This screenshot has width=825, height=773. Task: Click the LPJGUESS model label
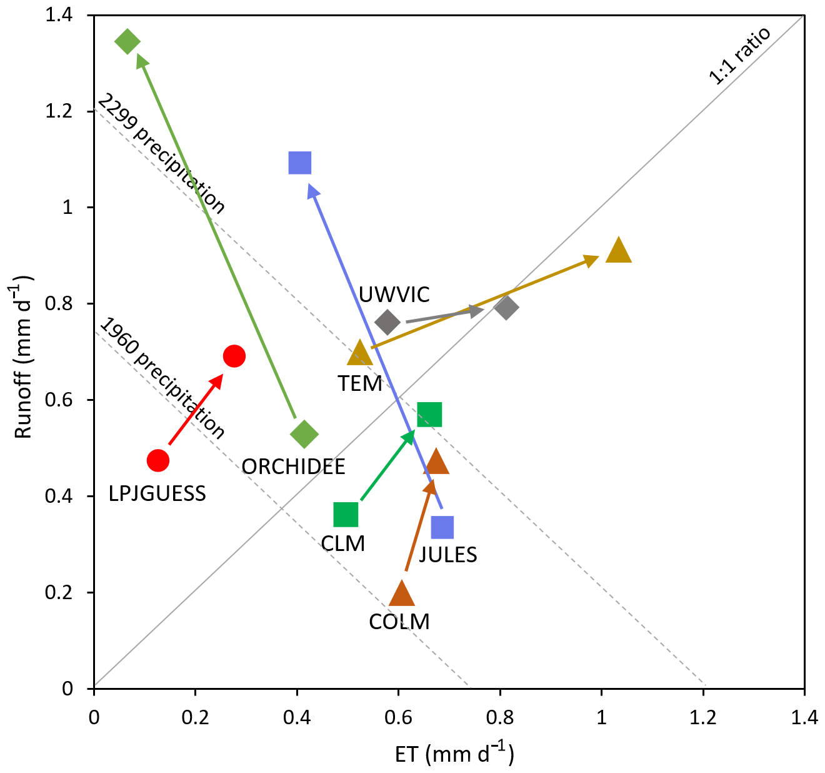[x=157, y=493]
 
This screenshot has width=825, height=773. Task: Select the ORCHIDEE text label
[x=293, y=467]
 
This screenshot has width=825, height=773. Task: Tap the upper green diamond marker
[x=127, y=42]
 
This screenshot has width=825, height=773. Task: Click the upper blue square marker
[x=300, y=163]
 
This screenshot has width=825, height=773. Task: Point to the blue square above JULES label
[x=442, y=527]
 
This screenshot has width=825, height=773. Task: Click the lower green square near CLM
[x=346, y=515]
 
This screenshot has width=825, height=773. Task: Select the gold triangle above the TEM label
[x=359, y=353]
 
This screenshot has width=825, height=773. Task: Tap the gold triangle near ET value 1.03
[x=618, y=250]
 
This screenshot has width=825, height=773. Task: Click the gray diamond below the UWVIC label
[x=387, y=322]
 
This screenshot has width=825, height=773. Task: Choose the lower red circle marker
[x=157, y=460]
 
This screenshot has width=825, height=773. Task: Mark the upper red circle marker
[x=234, y=356]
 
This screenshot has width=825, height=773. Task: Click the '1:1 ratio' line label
[x=739, y=56]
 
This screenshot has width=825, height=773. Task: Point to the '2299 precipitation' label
[x=161, y=154]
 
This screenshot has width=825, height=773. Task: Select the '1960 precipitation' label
[x=162, y=378]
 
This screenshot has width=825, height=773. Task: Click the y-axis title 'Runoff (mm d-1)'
[x=23, y=357]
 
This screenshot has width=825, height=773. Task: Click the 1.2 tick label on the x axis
[x=703, y=717]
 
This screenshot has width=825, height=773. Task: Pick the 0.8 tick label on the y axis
[x=59, y=304]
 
